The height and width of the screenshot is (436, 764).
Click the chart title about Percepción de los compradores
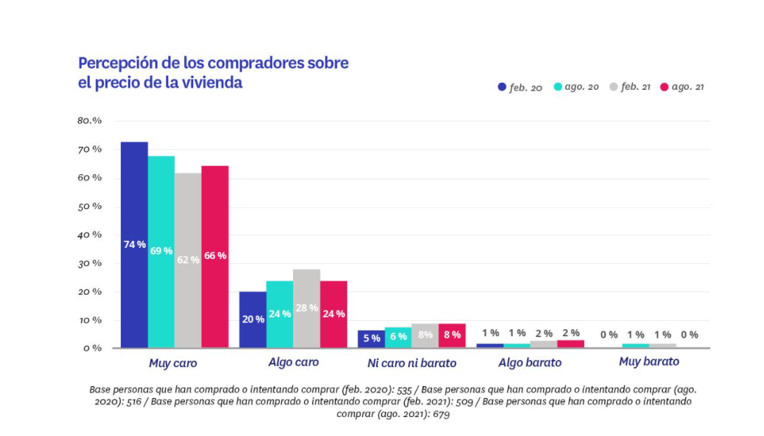[x=213, y=72]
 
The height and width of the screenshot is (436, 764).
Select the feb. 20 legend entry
[x=520, y=88]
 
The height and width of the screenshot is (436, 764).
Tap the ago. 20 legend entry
[x=576, y=88]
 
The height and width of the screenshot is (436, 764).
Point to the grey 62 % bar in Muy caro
[x=188, y=260]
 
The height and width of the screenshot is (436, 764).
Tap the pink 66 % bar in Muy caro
[x=215, y=256]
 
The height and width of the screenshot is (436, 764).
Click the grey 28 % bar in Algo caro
[x=306, y=308]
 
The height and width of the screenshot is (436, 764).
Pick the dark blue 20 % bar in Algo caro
[x=252, y=319]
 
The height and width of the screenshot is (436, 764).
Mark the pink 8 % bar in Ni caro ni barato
[x=452, y=336]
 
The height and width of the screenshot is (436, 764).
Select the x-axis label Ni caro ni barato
[x=412, y=363]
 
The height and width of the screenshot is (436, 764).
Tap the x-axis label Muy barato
[x=649, y=362]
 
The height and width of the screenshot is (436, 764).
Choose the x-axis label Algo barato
[x=530, y=363]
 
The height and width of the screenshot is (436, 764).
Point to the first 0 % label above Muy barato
[x=609, y=335]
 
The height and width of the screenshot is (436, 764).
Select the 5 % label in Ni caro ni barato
[x=372, y=338]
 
